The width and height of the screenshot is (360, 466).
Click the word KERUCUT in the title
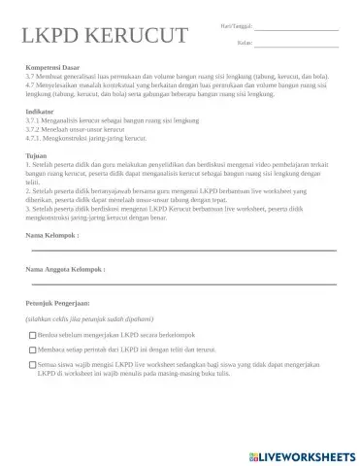tap(137, 37)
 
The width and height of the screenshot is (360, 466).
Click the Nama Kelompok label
tap(51, 234)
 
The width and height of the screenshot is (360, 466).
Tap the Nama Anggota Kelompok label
tap(65, 268)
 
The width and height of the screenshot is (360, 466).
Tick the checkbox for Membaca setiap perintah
tap(34, 349)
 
